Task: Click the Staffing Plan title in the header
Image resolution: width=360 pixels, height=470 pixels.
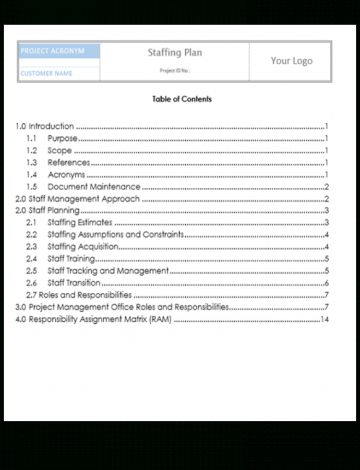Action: pyautogui.click(x=174, y=53)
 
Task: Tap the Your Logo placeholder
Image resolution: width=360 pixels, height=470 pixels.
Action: pyautogui.click(x=291, y=61)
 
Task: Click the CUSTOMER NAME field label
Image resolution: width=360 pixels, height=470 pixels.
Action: pyautogui.click(x=46, y=74)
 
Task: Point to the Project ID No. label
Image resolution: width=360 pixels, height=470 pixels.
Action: pyautogui.click(x=175, y=71)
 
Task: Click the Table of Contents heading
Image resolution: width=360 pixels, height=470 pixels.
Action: pyautogui.click(x=182, y=99)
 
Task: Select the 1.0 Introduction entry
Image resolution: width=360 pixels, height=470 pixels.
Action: pyautogui.click(x=45, y=126)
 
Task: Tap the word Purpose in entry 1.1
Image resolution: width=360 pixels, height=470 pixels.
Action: pyautogui.click(x=62, y=138)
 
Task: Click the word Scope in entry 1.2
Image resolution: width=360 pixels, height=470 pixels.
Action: pyautogui.click(x=59, y=150)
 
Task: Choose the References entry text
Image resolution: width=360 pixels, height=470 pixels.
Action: pyautogui.click(x=69, y=162)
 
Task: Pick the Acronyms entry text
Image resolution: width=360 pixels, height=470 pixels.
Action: pyautogui.click(x=66, y=175)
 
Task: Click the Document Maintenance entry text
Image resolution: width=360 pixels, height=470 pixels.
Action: pyautogui.click(x=94, y=187)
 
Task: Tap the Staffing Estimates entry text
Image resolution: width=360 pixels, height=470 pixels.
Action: pyautogui.click(x=80, y=223)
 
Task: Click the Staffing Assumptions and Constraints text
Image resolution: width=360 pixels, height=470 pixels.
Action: pyautogui.click(x=116, y=235)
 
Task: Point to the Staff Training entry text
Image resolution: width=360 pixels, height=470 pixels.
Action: pyautogui.click(x=71, y=259)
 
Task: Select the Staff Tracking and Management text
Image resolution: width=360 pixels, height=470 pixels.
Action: pyautogui.click(x=108, y=271)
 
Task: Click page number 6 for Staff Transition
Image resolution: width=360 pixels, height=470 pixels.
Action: pyautogui.click(x=326, y=284)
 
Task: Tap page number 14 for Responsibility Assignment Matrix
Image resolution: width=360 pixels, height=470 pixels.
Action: pyautogui.click(x=325, y=320)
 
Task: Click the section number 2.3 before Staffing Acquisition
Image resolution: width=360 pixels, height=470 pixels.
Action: pyautogui.click(x=32, y=247)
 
